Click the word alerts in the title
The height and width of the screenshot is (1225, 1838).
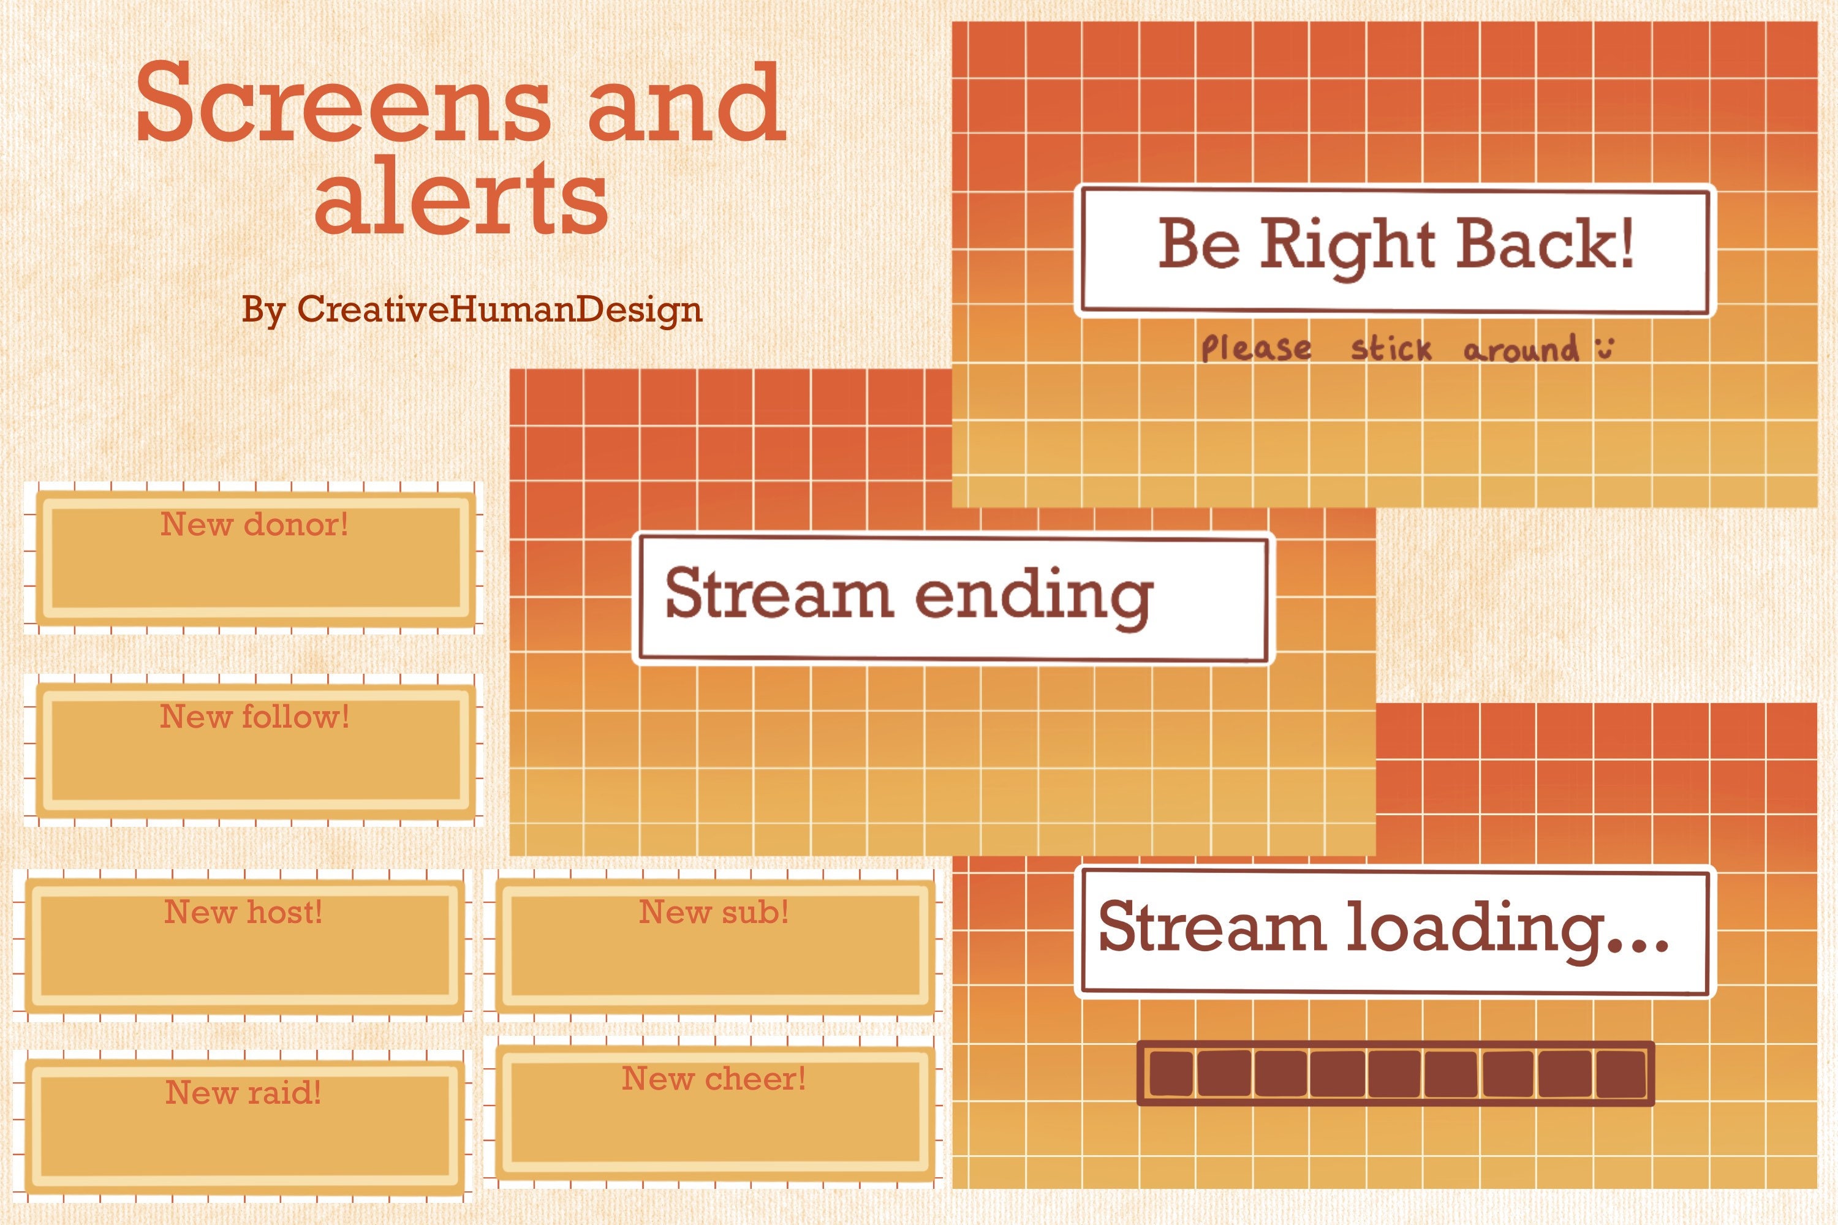461,195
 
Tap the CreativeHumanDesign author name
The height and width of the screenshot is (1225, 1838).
499,309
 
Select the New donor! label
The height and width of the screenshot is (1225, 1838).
254,524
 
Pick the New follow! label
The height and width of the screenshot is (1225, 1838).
254,717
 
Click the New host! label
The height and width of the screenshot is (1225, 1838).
243,912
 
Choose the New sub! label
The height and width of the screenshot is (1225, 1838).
714,912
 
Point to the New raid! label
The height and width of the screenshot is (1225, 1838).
243,1092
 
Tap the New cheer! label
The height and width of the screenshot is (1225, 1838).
714,1079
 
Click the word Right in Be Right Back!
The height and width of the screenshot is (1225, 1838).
1347,246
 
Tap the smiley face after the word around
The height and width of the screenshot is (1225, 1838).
1605,348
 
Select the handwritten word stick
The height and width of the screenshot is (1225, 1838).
1391,349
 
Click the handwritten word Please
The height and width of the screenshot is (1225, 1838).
1256,349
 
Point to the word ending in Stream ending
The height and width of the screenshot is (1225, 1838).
1033,597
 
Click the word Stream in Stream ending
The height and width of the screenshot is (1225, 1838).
778,594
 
